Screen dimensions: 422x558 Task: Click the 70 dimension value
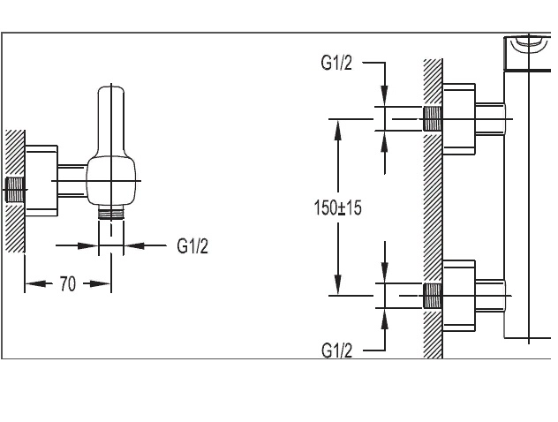point(67,284)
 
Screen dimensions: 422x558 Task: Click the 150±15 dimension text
point(338,208)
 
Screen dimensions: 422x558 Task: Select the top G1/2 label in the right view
point(336,64)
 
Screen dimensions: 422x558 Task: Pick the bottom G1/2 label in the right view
point(336,350)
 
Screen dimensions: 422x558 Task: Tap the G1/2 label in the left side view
point(192,245)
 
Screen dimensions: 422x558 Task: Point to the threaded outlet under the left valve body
point(110,213)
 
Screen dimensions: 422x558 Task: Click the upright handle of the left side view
point(110,119)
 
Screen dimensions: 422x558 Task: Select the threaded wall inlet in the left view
point(15,188)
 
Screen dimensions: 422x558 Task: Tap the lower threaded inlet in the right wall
point(433,294)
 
